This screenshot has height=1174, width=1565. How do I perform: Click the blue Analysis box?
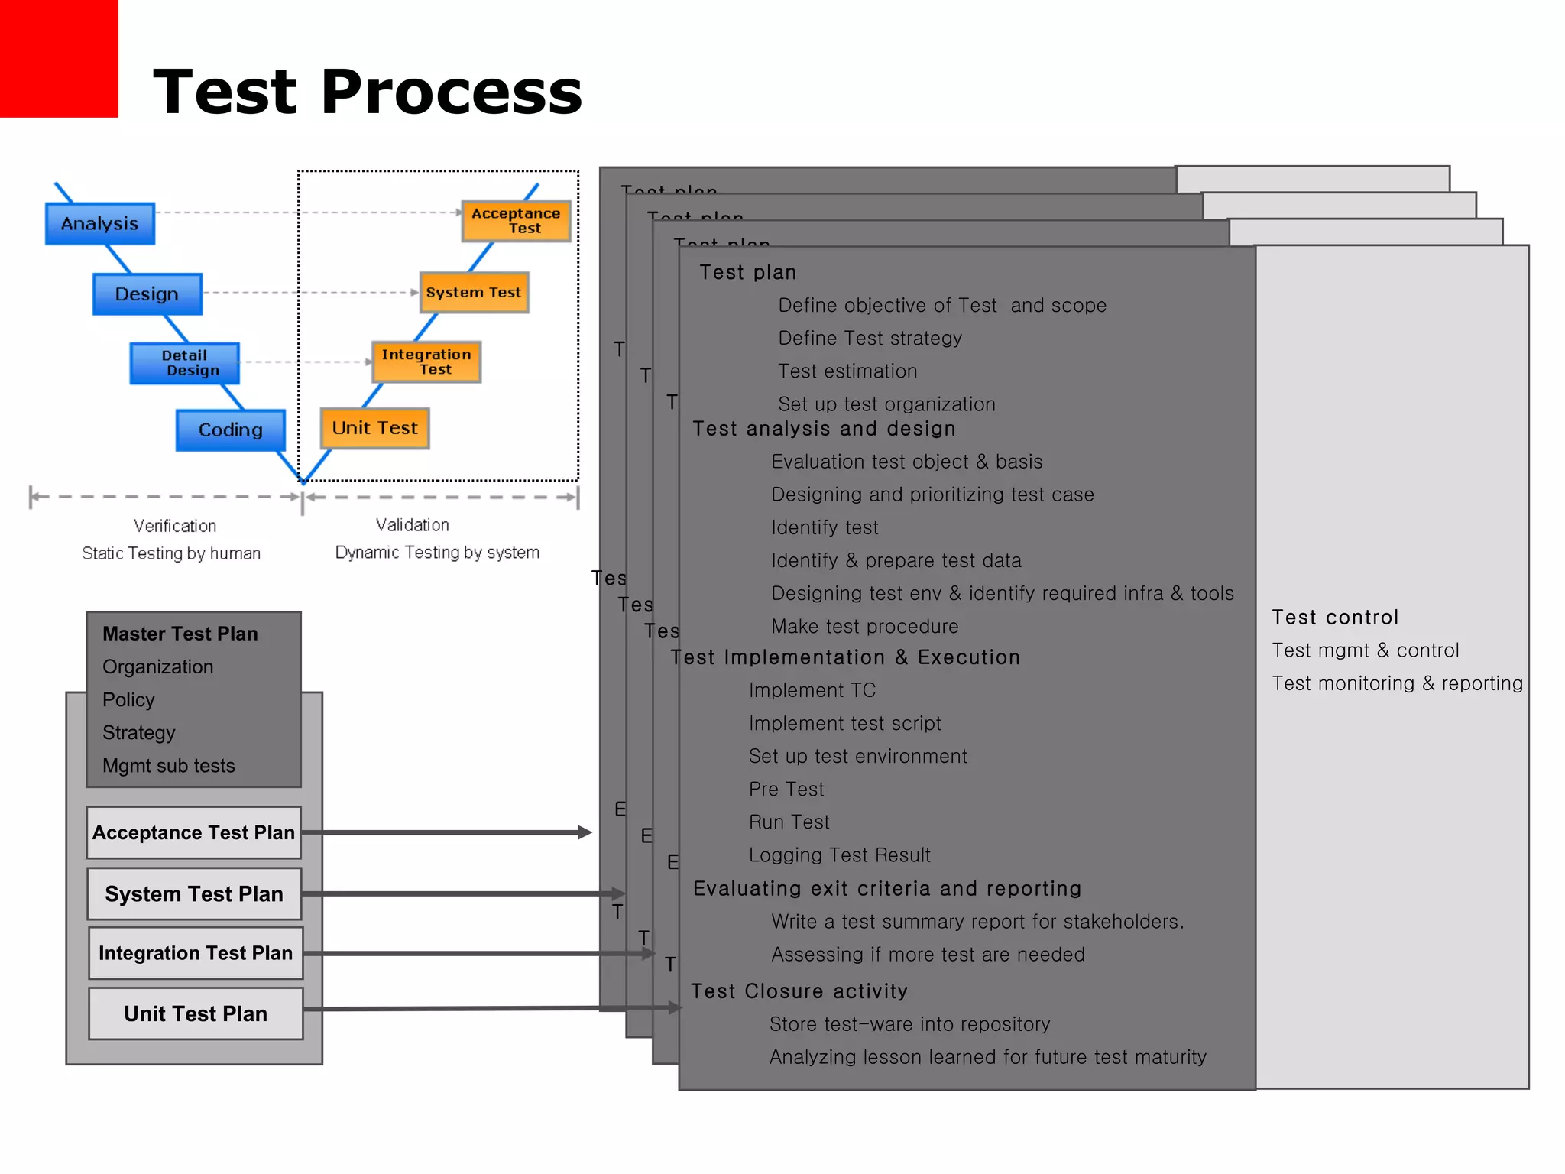(100, 224)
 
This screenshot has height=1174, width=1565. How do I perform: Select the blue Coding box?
(230, 430)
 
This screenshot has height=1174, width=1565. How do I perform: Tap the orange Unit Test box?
(374, 428)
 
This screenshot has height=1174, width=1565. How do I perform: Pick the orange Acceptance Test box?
(516, 221)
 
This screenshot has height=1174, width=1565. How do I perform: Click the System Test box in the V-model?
(474, 293)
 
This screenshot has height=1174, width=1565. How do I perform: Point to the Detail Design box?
(185, 363)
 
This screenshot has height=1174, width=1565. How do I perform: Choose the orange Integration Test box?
(426, 362)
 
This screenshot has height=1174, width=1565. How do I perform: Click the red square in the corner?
(58, 58)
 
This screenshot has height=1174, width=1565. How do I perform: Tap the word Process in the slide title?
(451, 92)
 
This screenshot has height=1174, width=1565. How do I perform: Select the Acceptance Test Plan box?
(193, 832)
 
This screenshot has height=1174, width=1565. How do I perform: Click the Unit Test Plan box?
(196, 1013)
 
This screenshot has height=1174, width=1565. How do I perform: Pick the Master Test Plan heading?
(180, 634)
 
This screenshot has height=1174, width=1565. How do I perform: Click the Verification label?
(175, 526)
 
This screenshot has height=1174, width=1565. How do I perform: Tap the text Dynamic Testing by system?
(437, 553)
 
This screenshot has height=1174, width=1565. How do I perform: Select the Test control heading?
(1335, 618)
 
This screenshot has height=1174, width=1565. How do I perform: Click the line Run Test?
(789, 822)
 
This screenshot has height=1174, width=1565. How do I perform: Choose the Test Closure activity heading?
(799, 991)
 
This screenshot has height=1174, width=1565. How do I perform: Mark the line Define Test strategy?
(870, 339)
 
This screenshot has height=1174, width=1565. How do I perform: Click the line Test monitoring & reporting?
(1397, 683)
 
